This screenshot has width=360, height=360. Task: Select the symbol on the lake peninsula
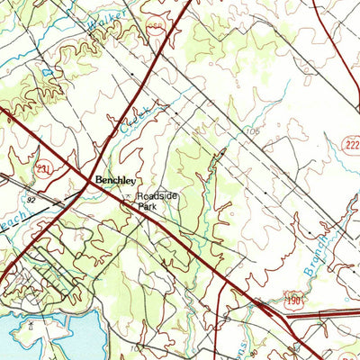pos(31,320)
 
